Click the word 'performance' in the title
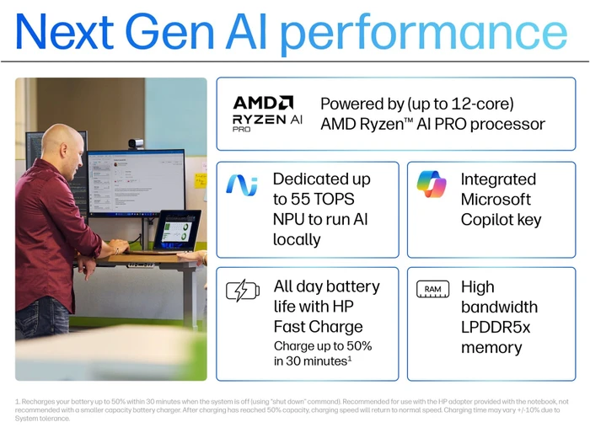click(x=424, y=35)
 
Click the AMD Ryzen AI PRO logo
click(x=267, y=114)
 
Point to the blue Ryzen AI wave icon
click(x=242, y=184)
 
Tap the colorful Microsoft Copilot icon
click(x=432, y=184)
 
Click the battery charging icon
click(x=243, y=291)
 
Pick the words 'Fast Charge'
click(x=318, y=327)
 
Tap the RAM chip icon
click(x=432, y=289)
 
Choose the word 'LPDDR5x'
click(x=496, y=328)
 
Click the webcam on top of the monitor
click(x=136, y=143)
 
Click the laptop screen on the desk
click(x=176, y=230)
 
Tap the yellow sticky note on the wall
click(x=201, y=179)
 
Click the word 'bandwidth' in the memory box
click(x=499, y=307)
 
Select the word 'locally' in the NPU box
click(x=297, y=239)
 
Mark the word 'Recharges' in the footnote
click(x=38, y=402)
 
